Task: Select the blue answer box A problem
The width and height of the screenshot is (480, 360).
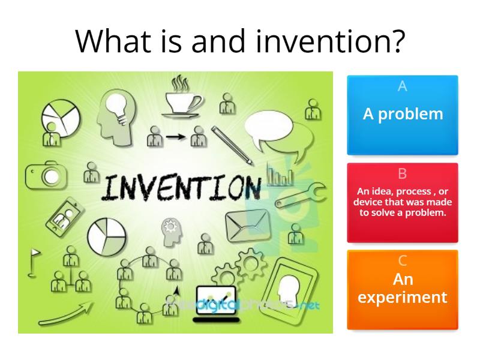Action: click(x=403, y=113)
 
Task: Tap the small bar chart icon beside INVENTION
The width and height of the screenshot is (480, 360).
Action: click(x=280, y=177)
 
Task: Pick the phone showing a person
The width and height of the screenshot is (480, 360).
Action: click(x=64, y=214)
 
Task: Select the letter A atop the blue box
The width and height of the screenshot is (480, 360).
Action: click(x=403, y=86)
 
